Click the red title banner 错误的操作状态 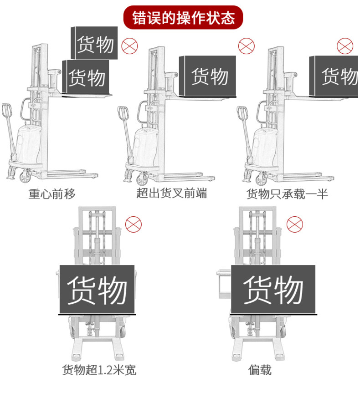pos(183,18)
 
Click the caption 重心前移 pos(52,194)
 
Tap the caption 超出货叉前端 pos(171,193)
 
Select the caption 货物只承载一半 pos(287,194)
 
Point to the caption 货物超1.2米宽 pos(99,370)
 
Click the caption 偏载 pos(260,370)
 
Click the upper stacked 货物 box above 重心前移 pos(95,44)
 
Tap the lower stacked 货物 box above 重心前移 pos(87,77)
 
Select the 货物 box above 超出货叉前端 pos(208,76)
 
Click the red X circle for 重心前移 pos(129,46)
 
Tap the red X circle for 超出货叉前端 pos(247,46)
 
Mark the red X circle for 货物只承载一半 pos(345,46)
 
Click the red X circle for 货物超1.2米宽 pos(134,224)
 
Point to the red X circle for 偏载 pos(294,224)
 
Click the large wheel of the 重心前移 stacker pos(26,175)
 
